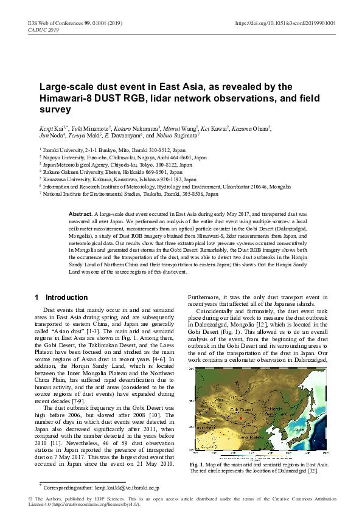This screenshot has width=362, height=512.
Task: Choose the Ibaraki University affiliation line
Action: [x=99, y=149]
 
